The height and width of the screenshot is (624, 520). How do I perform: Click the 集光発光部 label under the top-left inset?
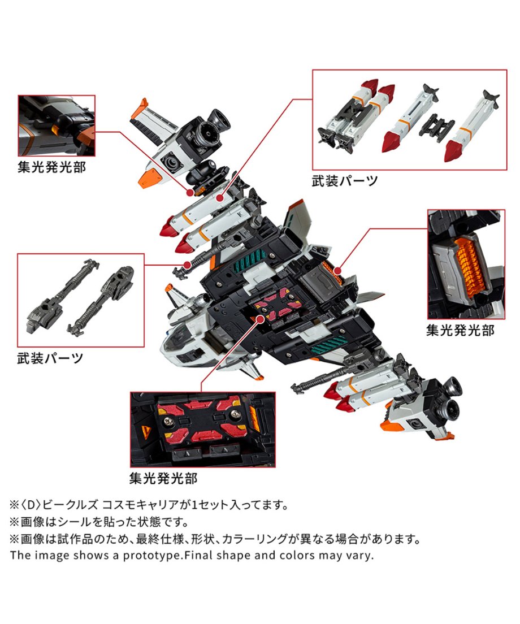click(x=51, y=167)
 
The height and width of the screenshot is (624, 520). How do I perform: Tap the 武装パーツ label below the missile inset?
click(x=345, y=181)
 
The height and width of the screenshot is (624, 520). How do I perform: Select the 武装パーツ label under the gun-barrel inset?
click(x=50, y=358)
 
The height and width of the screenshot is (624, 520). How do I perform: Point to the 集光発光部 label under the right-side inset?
click(x=460, y=330)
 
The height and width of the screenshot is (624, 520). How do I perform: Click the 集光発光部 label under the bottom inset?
click(x=163, y=478)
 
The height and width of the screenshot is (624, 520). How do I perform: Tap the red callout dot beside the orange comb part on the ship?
click(x=337, y=271)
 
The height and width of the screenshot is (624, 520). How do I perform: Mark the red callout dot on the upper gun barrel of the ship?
click(x=188, y=264)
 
